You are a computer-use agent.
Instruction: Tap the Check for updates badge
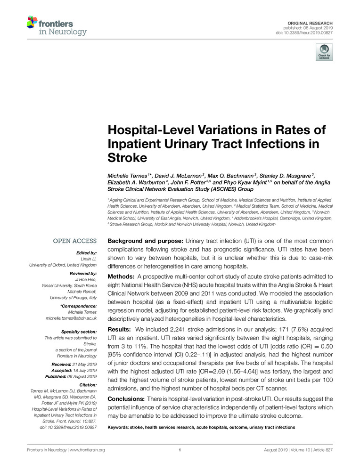pyautogui.click(x=324, y=52)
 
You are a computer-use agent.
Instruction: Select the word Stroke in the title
pyautogui.click(x=128, y=157)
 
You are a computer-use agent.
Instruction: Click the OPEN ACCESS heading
pyautogui.click(x=75, y=241)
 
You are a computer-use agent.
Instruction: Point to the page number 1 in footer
pyautogui.click(x=180, y=450)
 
